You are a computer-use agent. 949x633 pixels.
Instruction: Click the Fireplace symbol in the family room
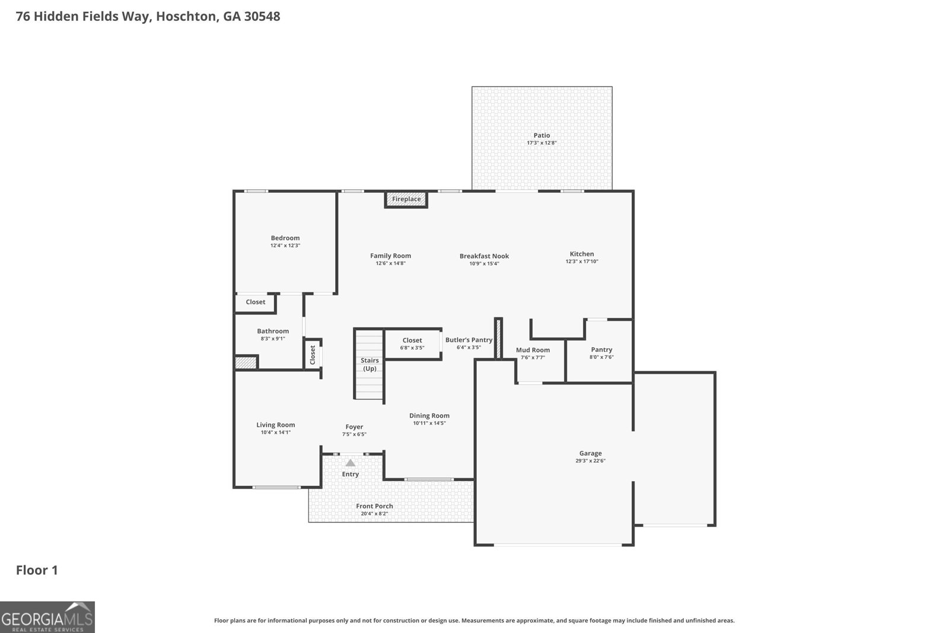pos(406,199)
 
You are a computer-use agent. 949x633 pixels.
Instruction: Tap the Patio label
pos(542,135)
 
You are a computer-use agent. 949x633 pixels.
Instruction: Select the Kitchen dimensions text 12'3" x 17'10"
pos(581,262)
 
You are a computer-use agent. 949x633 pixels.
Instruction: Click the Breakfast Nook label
pos(484,256)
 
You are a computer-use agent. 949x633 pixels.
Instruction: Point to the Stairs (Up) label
pos(370,364)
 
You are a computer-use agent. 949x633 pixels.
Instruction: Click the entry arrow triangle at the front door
pos(351,463)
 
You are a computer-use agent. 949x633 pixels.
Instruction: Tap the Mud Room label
pos(533,350)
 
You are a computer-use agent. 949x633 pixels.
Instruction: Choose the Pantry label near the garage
pos(601,349)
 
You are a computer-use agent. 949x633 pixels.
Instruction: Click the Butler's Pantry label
pos(469,340)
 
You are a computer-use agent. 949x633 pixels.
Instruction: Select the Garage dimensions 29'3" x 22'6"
pos(590,461)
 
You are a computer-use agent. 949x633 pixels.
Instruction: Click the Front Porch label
pos(374,506)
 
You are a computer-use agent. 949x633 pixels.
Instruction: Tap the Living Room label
pos(275,425)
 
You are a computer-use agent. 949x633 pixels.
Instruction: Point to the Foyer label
pos(354,427)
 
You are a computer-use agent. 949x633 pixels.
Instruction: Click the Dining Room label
pos(429,416)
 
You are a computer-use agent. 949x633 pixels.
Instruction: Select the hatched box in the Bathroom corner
pos(246,362)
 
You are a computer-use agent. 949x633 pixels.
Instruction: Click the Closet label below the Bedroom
pos(256,302)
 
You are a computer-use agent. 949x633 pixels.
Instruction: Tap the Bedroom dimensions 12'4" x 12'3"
pos(285,246)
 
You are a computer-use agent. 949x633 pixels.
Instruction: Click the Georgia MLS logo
pos(47,617)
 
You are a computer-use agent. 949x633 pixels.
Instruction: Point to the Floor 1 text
pos(37,570)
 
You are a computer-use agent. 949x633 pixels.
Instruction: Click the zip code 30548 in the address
pos(260,16)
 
